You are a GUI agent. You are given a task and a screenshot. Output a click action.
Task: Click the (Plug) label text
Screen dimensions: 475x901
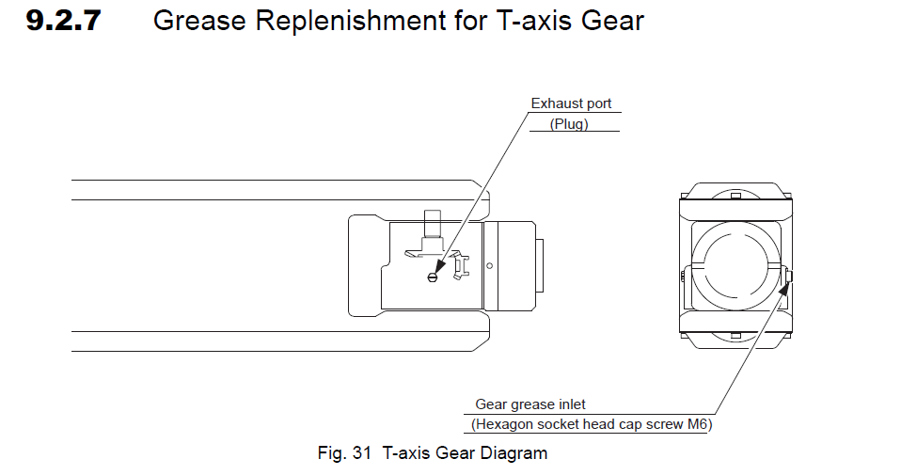(569, 124)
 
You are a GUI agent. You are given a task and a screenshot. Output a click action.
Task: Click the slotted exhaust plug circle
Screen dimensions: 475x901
(433, 276)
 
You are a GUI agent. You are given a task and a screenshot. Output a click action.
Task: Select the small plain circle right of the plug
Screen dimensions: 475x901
(489, 266)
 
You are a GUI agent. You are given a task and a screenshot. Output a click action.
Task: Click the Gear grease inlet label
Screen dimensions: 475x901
(530, 404)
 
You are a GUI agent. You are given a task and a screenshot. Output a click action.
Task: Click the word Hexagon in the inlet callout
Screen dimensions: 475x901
(506, 424)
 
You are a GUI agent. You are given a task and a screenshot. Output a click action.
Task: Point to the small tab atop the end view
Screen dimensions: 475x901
(735, 192)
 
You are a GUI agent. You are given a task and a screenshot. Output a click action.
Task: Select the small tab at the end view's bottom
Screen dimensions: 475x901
(735, 337)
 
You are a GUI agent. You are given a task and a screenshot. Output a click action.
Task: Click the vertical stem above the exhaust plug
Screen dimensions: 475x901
(433, 227)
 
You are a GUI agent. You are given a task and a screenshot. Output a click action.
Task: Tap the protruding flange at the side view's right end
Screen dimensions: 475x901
(539, 267)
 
